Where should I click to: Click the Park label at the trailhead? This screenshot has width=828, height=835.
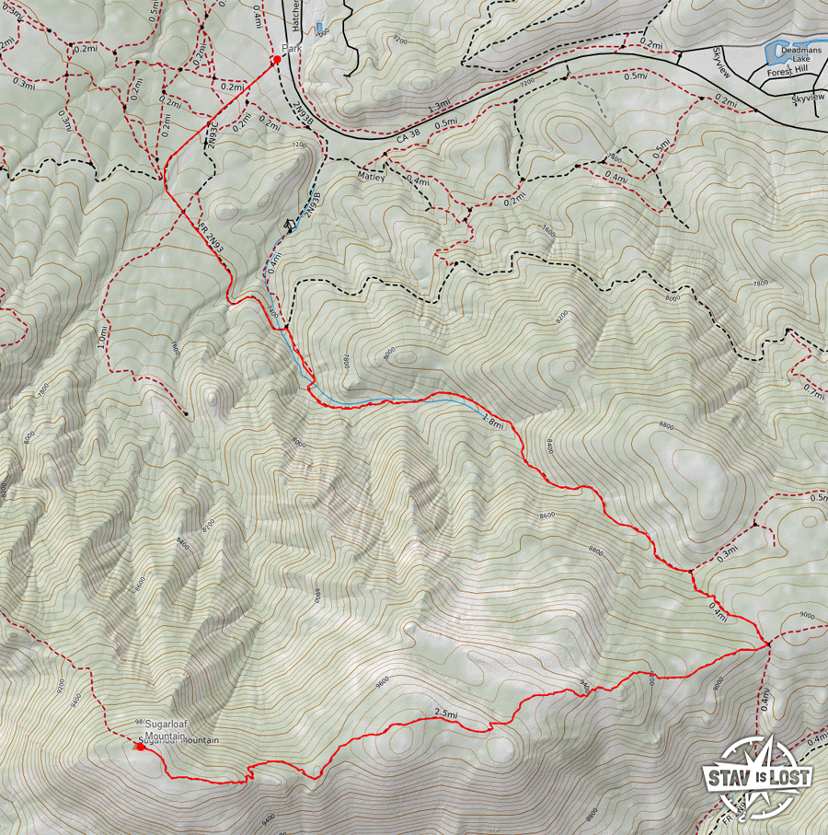click(x=292, y=49)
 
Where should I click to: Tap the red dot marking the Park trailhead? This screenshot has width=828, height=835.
click(x=276, y=61)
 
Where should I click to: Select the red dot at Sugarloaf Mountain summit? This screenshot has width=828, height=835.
click(x=140, y=747)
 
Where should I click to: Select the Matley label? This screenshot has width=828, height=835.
click(x=371, y=173)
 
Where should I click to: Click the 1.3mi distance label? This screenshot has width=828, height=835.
click(x=439, y=105)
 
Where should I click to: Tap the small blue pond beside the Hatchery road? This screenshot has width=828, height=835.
click(x=318, y=28)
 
